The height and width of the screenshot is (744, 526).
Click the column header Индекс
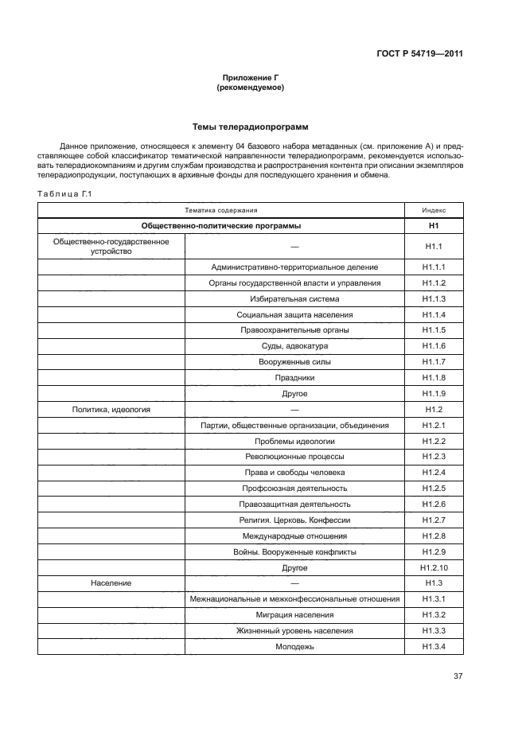click(x=434, y=210)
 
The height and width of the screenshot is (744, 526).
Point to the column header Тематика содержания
click(x=221, y=210)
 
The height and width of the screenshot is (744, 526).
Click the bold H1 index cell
click(x=434, y=226)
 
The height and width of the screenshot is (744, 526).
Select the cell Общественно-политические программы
click(x=221, y=226)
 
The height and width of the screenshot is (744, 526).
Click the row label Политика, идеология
click(x=111, y=409)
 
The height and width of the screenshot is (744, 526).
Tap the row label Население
click(x=111, y=583)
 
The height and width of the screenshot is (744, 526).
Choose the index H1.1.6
click(x=434, y=346)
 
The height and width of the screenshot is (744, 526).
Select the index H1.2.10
click(x=434, y=567)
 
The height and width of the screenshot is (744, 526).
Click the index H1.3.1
click(x=434, y=599)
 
